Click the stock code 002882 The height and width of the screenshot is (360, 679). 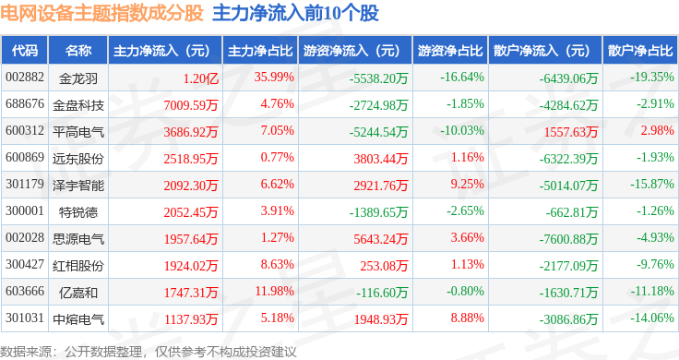point(25,78)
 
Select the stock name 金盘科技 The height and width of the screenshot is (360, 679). point(78,105)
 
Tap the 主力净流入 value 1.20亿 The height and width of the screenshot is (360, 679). point(200,78)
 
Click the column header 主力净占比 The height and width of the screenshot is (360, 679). point(260,51)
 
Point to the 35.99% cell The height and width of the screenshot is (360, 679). point(274,78)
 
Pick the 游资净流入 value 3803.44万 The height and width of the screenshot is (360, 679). point(381,159)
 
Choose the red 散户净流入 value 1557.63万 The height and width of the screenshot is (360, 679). point(571,132)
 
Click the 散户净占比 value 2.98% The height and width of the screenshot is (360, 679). point(658,130)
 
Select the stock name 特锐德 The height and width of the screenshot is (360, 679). point(78,212)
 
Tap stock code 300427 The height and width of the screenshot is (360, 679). point(25,264)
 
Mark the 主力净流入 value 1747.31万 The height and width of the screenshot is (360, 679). point(191,293)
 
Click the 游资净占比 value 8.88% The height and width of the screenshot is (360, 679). point(467,318)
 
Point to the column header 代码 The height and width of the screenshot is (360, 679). point(25,51)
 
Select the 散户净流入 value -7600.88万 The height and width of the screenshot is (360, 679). point(568,239)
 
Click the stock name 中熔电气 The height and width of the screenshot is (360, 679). point(78,319)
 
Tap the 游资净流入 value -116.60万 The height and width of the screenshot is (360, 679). point(382,293)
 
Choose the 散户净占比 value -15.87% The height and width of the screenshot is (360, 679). point(652,184)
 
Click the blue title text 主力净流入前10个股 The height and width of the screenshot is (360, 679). point(295,13)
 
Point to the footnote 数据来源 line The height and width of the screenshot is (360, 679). point(149,352)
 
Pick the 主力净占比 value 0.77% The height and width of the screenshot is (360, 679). point(277,157)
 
